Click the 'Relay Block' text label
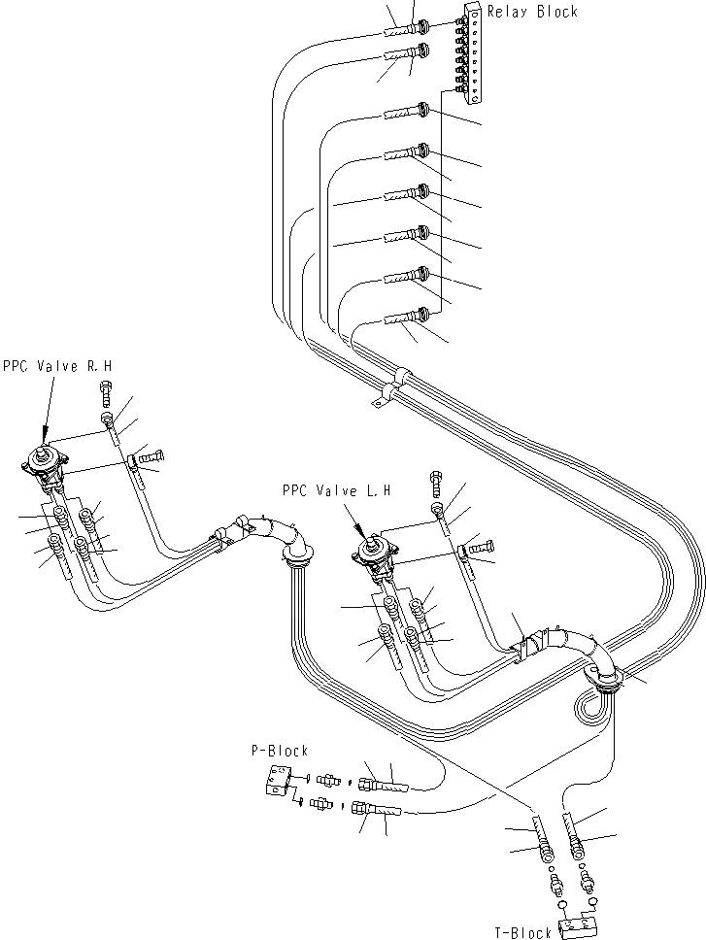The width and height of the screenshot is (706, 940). [x=531, y=12]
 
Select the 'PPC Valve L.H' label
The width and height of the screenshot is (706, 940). [x=335, y=491]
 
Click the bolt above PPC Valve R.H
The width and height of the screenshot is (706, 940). [x=106, y=392]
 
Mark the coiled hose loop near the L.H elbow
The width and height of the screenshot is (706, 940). [x=594, y=704]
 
